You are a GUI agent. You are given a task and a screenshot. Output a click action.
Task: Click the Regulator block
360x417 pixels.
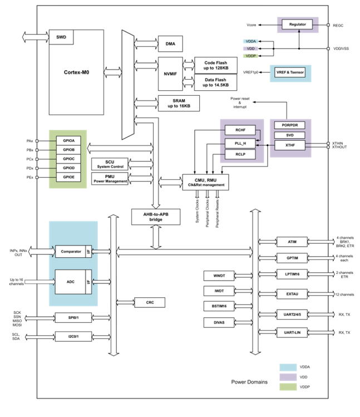pos(297,24)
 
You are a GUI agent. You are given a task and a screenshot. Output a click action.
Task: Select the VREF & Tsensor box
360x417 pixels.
pos(290,73)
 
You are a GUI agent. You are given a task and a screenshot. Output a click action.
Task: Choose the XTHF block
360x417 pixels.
pos(290,145)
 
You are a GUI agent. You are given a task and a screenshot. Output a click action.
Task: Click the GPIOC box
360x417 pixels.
pos(68,159)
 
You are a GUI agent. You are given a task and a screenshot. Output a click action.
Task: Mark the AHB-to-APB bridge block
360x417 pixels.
pos(155,217)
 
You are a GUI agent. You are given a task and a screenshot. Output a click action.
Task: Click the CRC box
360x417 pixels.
pos(150,302)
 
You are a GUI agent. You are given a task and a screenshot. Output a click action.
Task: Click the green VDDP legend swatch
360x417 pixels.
pos(288,387)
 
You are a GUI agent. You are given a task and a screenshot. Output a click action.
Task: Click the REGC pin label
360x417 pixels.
pos(339,25)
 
